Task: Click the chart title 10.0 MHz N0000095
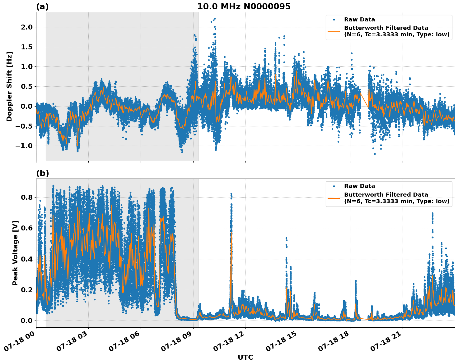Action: pyautogui.click(x=244, y=7)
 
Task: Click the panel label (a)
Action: pyautogui.click(x=42, y=7)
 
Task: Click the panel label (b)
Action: pyautogui.click(x=42, y=173)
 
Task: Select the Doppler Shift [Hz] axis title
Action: pyautogui.click(x=9, y=86)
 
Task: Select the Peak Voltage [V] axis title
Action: pyautogui.click(x=15, y=253)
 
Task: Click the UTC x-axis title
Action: pyautogui.click(x=245, y=357)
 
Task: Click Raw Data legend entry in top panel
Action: pyautogui.click(x=359, y=20)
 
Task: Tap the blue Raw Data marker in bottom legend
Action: pyautogui.click(x=334, y=186)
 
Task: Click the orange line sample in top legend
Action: pyautogui.click(x=334, y=31)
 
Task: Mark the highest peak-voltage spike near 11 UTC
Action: pyautogui.click(x=231, y=193)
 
